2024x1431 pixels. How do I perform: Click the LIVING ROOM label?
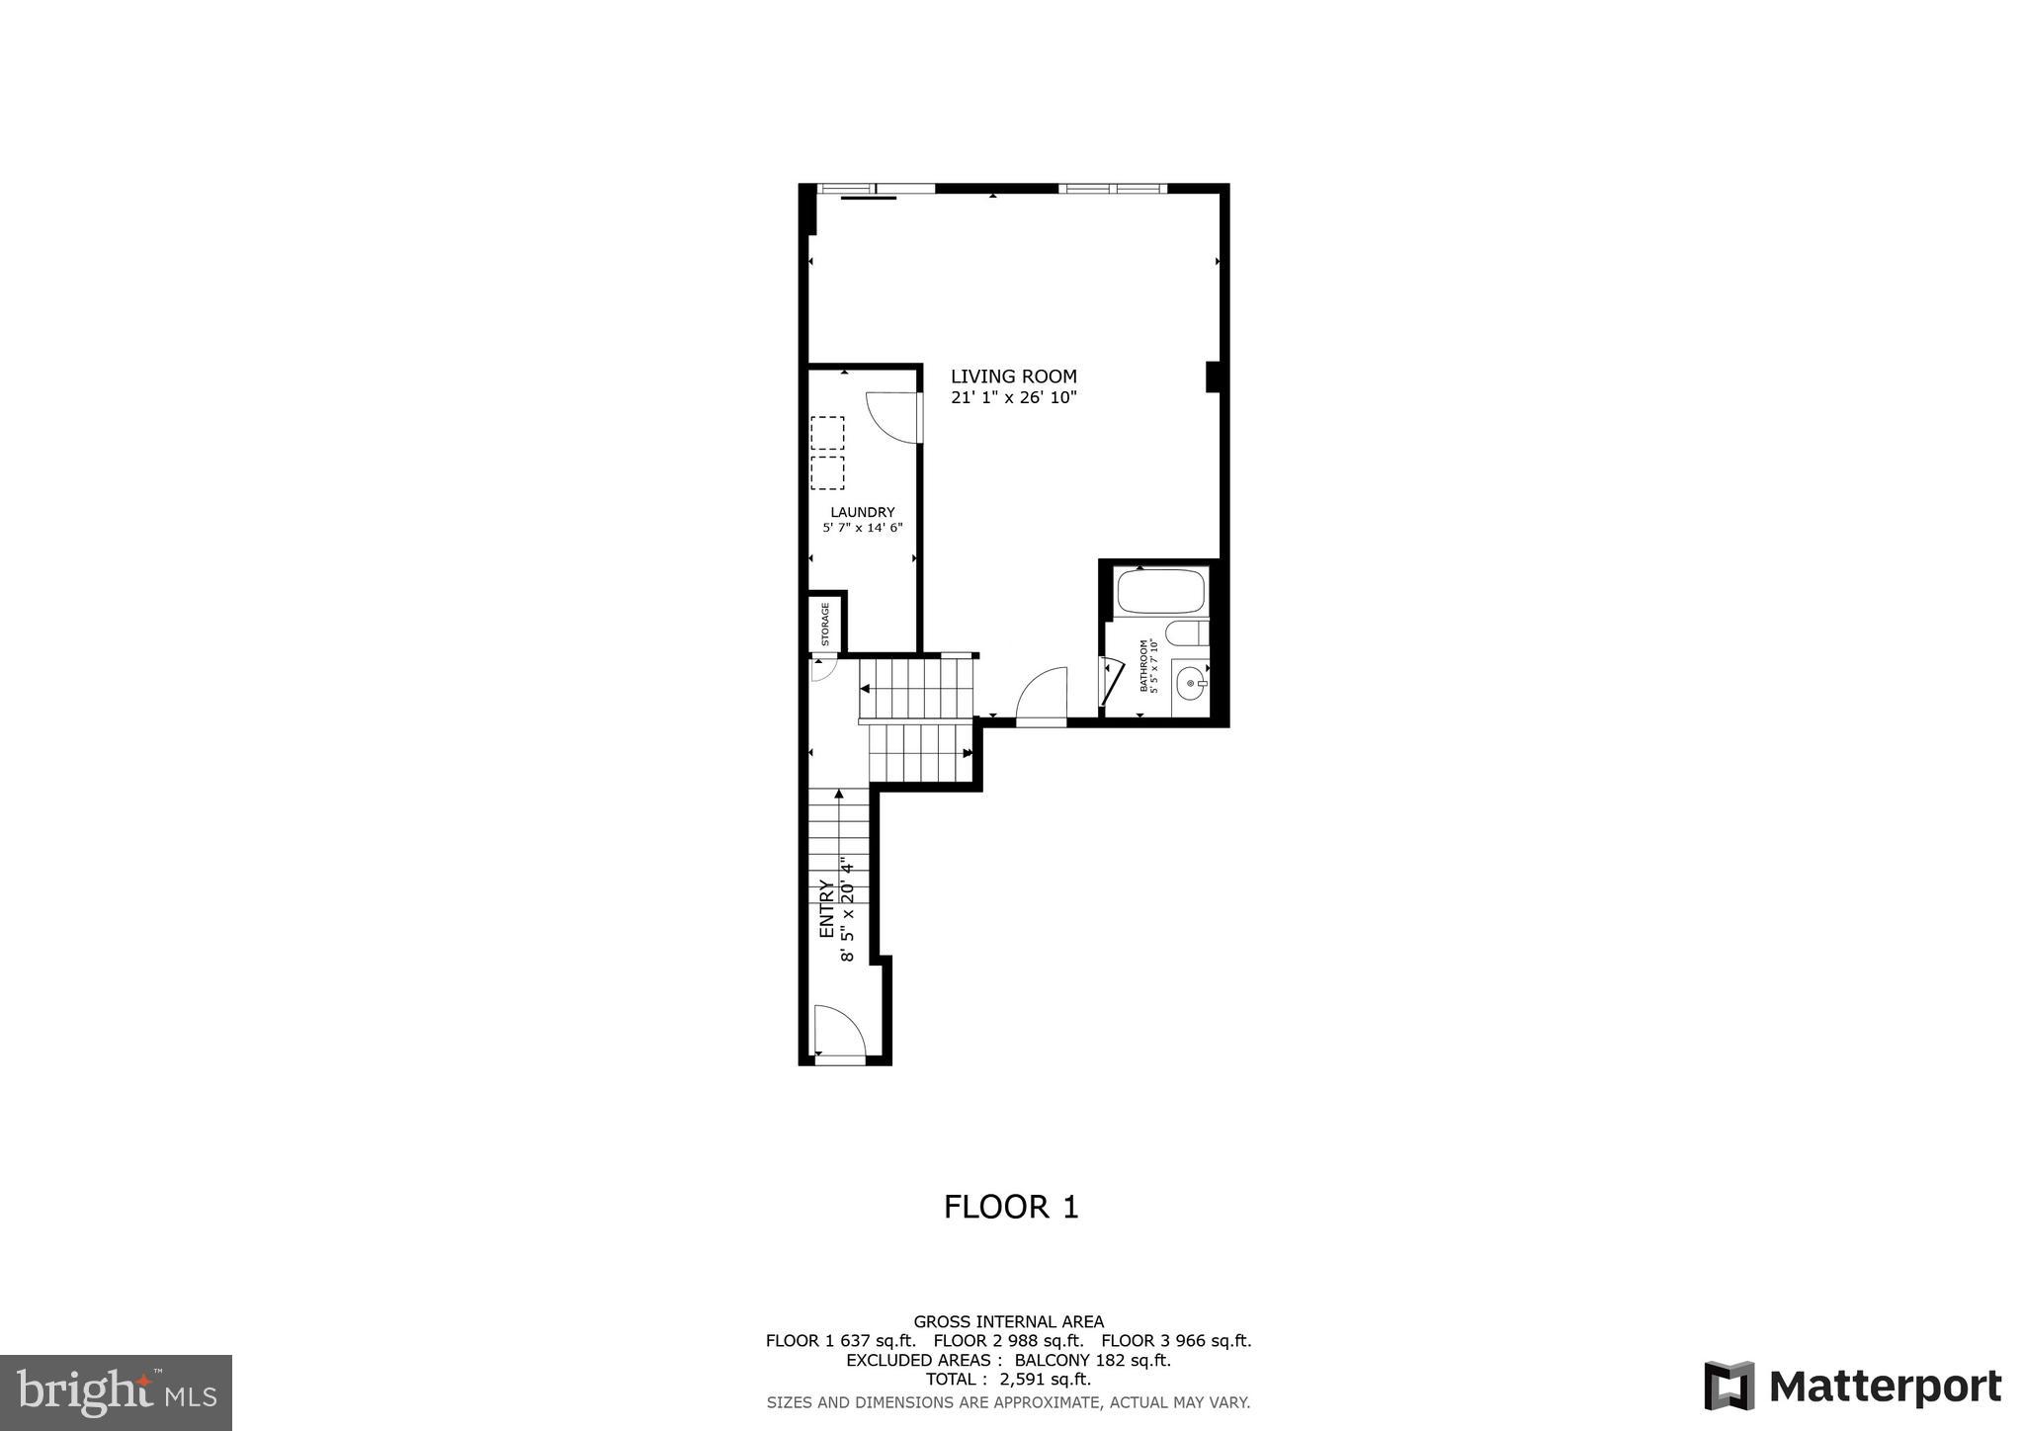(x=1013, y=377)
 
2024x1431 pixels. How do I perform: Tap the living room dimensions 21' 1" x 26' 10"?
(x=1013, y=398)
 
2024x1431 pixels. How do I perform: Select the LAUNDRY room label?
(x=862, y=512)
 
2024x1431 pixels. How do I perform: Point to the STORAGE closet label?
(x=825, y=625)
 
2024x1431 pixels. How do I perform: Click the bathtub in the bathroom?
(x=1160, y=591)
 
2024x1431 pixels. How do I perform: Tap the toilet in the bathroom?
(x=1185, y=632)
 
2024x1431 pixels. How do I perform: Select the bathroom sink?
(x=1190, y=682)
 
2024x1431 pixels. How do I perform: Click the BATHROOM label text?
(x=1144, y=666)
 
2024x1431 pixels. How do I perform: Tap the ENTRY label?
(x=827, y=909)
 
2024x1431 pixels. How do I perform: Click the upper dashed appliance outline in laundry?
(x=827, y=433)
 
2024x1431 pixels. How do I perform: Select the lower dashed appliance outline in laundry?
(x=827, y=472)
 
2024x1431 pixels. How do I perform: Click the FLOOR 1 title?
(x=1011, y=1207)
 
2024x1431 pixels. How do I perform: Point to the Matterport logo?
(x=1852, y=1386)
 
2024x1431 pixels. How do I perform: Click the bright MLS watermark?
(x=116, y=1392)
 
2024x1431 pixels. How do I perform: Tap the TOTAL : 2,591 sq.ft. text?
(x=1008, y=1379)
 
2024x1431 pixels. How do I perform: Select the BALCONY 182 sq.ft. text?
(x=1092, y=1360)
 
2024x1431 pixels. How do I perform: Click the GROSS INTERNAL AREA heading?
(x=1008, y=1321)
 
